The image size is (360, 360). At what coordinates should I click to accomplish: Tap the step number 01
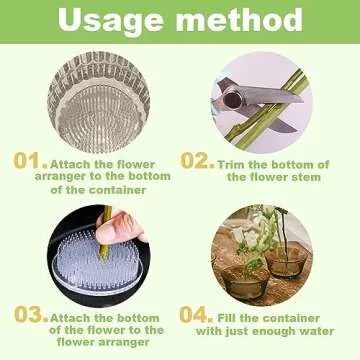coord(27,161)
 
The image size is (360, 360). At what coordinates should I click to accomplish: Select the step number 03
coord(28,313)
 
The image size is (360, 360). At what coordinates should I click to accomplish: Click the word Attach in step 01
coord(71,164)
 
